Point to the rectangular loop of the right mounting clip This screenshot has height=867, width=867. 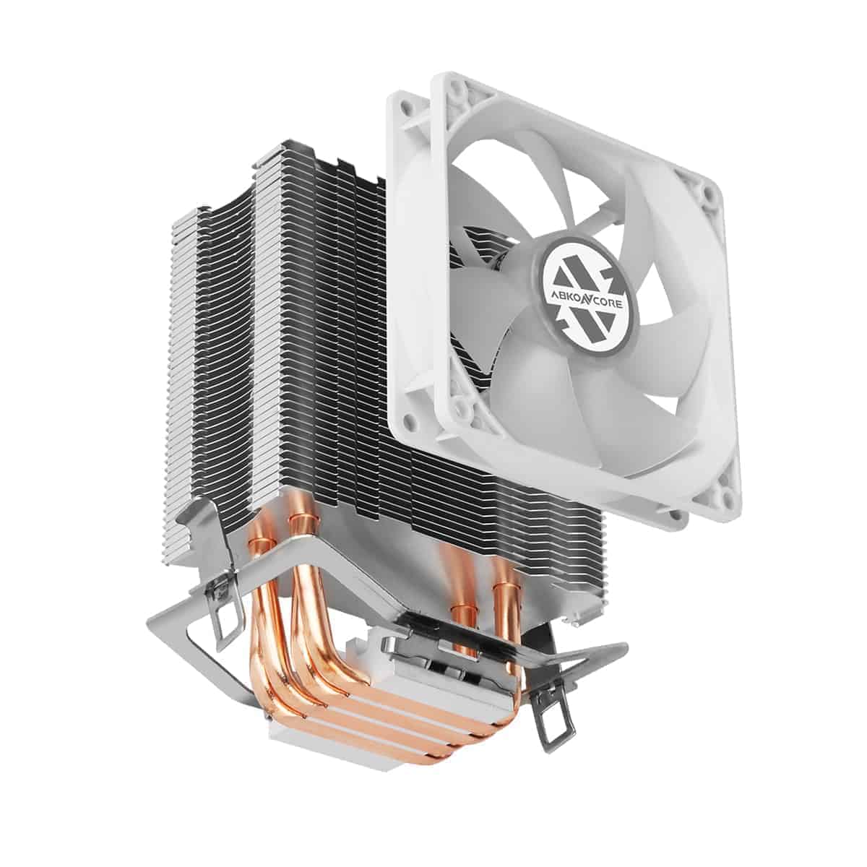[553, 722]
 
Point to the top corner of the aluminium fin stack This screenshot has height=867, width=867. [275, 150]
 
